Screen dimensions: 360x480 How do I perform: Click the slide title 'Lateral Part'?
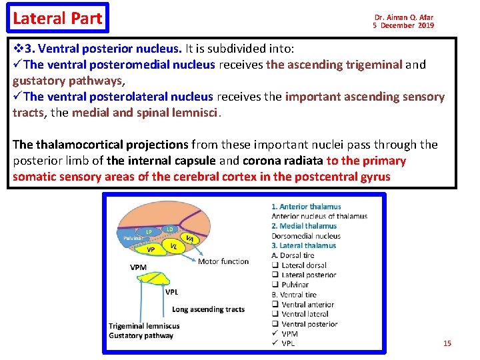[x=57, y=19]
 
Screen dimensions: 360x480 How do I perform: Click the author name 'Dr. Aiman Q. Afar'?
[x=403, y=17]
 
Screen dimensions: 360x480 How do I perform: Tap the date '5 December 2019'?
[x=403, y=25]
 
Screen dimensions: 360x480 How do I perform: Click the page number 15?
[x=447, y=343]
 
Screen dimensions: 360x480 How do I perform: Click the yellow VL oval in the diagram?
[x=173, y=245]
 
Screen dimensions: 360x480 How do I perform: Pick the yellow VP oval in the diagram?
[x=151, y=249]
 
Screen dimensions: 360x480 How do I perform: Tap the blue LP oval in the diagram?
[x=149, y=232]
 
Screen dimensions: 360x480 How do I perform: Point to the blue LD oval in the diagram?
[x=170, y=229]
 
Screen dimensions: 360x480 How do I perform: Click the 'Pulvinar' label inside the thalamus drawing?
[x=131, y=237]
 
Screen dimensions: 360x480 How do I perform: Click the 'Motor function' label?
[x=223, y=261]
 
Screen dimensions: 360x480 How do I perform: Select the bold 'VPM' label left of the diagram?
[x=139, y=267]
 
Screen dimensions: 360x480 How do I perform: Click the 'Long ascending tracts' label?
[x=208, y=309]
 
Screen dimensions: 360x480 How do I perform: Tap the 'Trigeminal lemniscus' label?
[x=144, y=326]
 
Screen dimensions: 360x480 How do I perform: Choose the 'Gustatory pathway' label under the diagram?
[x=141, y=335]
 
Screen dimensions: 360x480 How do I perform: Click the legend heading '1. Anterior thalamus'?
[x=306, y=207]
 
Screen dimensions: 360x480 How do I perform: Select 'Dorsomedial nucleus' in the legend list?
[x=306, y=235]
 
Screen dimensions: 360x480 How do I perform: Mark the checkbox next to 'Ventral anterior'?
[x=275, y=305]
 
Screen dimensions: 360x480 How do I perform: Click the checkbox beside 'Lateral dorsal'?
[x=275, y=265]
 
